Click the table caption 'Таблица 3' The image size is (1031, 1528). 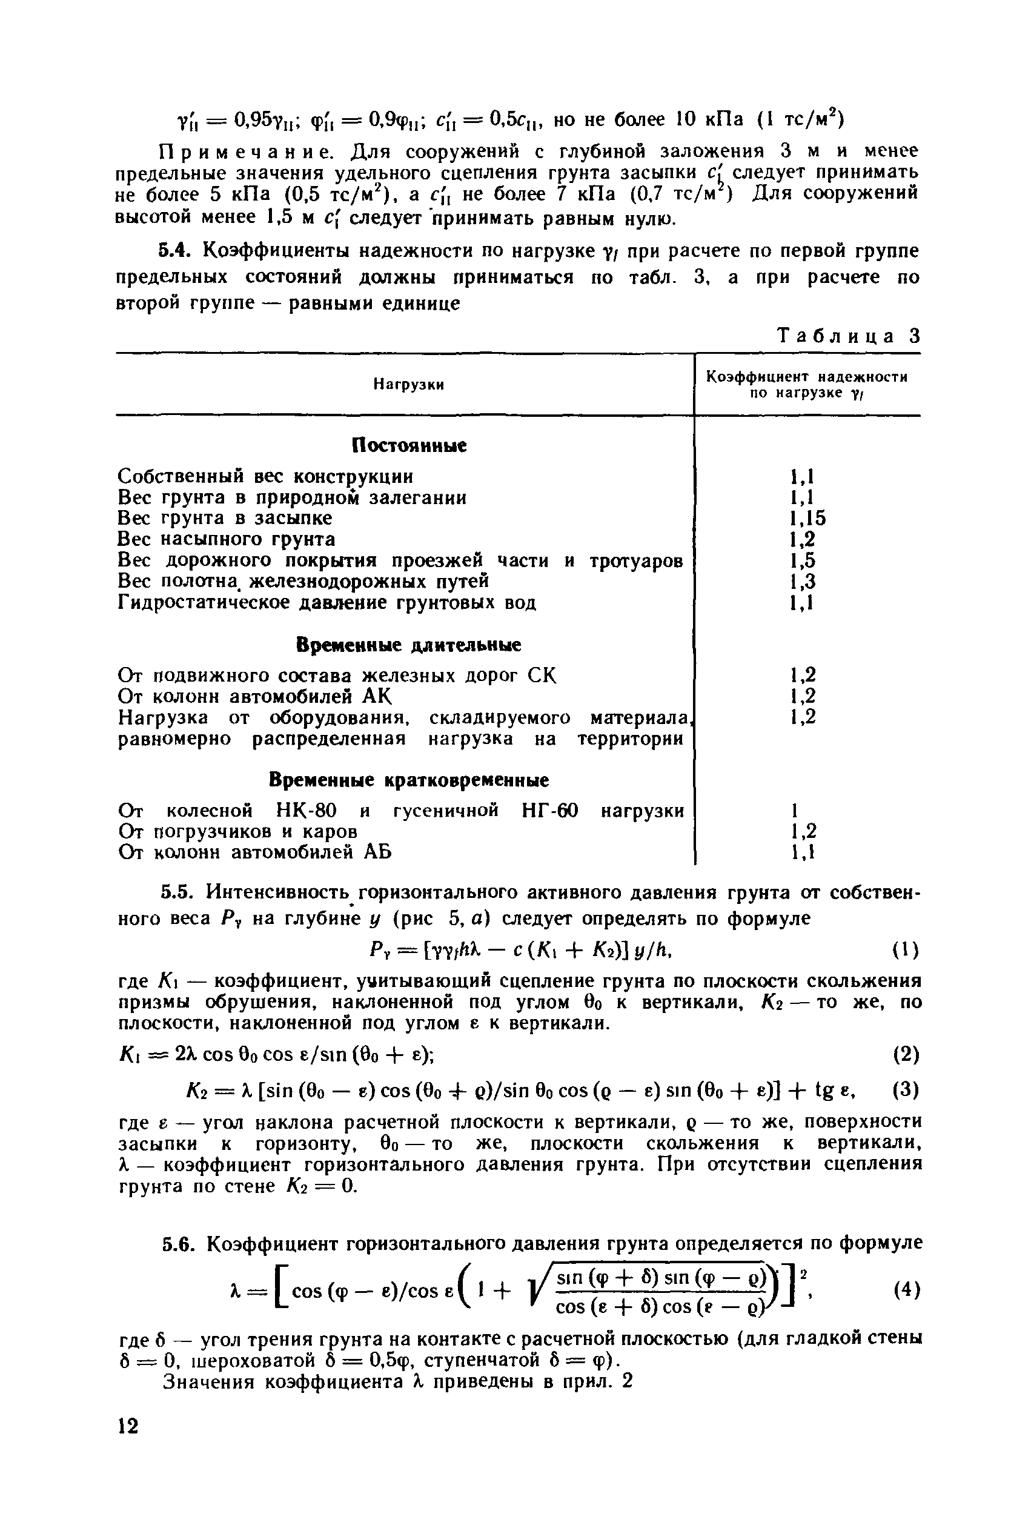pos(848,337)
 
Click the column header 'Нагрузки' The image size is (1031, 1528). pos(408,385)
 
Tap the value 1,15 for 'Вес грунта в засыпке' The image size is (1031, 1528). pos(807,518)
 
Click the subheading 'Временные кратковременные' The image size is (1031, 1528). pos(409,780)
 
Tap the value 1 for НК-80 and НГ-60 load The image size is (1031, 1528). pos(794,811)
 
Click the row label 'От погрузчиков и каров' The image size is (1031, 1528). pos(238,832)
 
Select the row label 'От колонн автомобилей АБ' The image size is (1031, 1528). pos(254,853)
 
